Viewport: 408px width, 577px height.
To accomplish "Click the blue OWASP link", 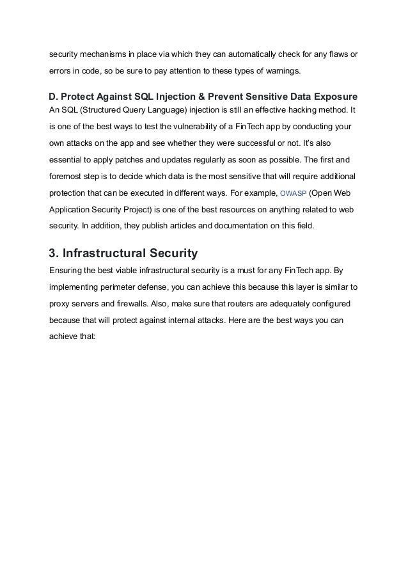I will point(294,193).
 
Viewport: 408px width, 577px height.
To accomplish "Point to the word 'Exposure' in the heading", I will point(333,97).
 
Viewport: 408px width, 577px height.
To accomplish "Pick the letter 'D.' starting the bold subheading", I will point(54,97).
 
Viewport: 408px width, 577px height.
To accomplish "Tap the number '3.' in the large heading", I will point(55,252).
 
